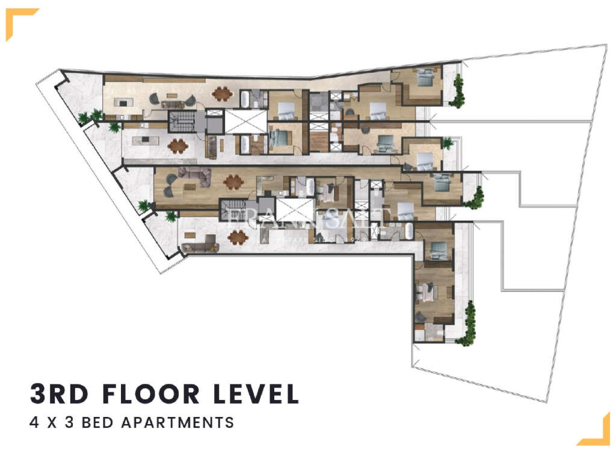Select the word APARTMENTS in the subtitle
click(177, 422)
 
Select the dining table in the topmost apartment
click(222, 93)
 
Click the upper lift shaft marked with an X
click(245, 121)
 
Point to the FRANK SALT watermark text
click(308, 218)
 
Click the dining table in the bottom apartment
click(237, 237)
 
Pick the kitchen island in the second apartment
click(145, 140)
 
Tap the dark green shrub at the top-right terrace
click(458, 90)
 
